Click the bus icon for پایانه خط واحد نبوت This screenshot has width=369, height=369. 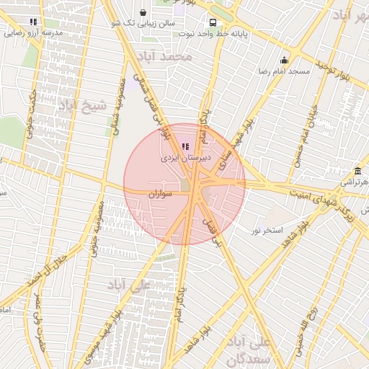(x=213, y=22)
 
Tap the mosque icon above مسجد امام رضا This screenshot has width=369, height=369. (x=284, y=61)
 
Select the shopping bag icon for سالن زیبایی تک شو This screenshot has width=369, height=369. (x=143, y=13)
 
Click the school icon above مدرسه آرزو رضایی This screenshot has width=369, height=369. (x=33, y=22)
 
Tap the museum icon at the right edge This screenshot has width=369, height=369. (x=358, y=171)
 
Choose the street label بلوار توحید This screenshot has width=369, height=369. (x=337, y=72)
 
